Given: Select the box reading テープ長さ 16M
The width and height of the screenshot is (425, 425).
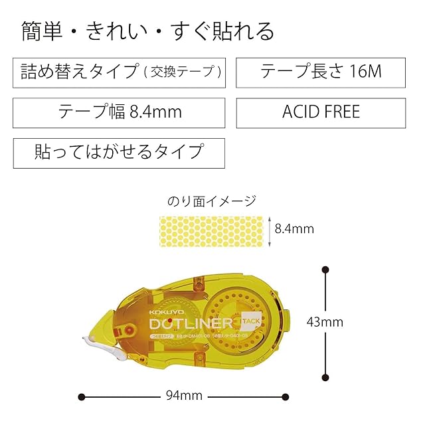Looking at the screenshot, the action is click(x=321, y=72).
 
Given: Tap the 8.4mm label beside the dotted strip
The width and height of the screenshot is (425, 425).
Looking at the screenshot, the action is click(x=294, y=229).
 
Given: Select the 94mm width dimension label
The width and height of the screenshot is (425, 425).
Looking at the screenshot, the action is click(x=183, y=396).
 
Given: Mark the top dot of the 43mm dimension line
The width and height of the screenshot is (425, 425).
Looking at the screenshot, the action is click(x=325, y=270).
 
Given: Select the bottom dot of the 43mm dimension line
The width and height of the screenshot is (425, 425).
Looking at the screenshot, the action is click(x=325, y=376).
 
